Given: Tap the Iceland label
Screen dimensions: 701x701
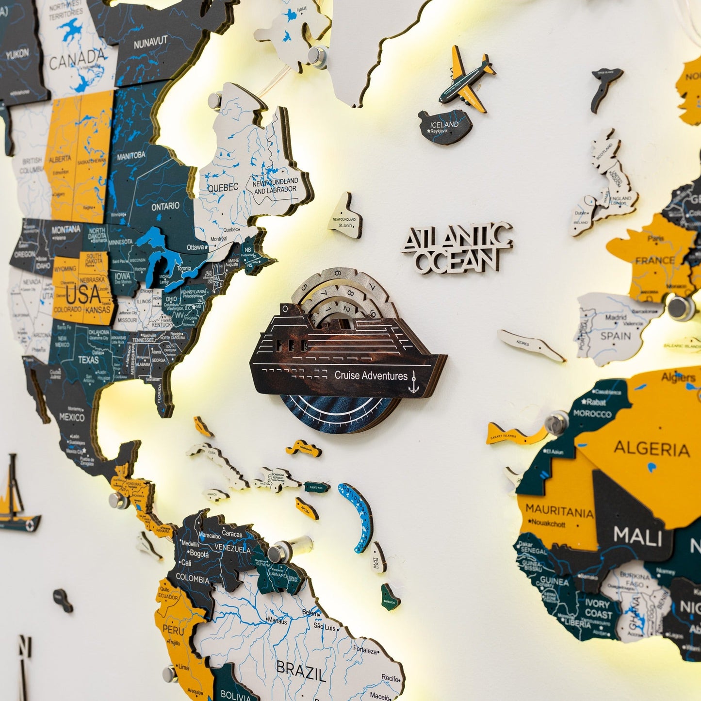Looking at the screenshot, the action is pos(444,125).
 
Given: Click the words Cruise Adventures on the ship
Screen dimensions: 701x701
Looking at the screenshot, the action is pos(371,375).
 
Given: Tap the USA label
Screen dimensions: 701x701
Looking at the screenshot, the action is pos(83,294).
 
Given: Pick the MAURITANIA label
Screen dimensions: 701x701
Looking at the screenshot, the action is pos(559,511).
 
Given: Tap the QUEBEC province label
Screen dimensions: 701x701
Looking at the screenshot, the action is pos(223,187).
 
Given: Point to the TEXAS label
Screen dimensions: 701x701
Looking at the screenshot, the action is pos(88,359).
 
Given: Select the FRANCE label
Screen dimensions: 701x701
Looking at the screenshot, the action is pos(655,261).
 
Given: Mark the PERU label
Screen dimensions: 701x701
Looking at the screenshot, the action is pos(173,630).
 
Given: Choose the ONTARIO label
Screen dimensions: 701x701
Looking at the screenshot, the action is pos(165,206).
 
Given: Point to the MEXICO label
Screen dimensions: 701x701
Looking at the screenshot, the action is pos(71,417).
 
